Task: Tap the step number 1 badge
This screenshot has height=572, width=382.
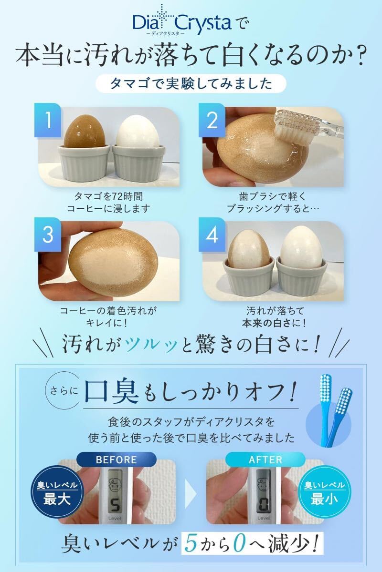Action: [x=48, y=120]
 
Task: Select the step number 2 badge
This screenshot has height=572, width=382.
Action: [x=212, y=120]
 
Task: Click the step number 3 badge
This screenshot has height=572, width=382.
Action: [x=48, y=235]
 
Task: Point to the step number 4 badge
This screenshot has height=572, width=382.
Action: [x=212, y=235]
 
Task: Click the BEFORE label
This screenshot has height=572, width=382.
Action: [x=117, y=460]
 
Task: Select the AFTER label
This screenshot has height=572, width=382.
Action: [x=265, y=460]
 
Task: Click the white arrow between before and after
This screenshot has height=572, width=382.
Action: [x=191, y=494]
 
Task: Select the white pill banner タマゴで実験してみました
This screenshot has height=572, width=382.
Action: [x=191, y=84]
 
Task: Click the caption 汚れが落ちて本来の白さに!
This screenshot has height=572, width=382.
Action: [x=274, y=317]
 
